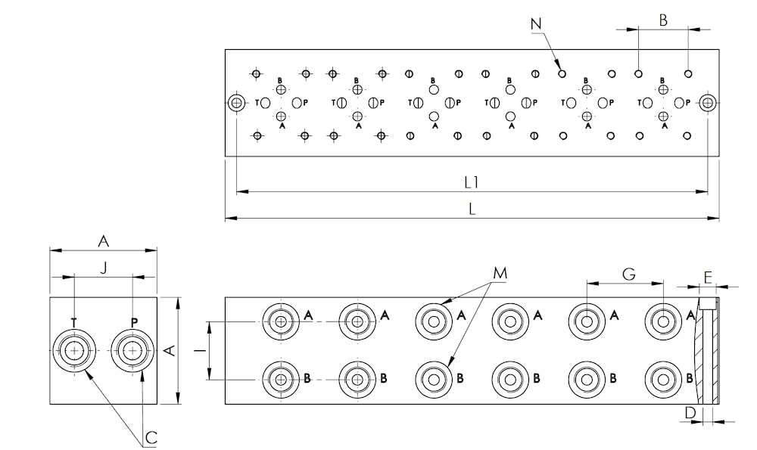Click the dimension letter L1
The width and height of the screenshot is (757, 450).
471,182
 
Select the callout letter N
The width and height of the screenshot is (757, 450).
536,23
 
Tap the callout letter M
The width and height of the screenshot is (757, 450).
500,274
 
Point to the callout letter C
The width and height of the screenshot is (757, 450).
151,437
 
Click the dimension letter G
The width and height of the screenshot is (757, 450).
628,274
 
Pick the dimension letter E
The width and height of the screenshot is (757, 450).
708,278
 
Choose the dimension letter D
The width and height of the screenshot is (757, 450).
691,413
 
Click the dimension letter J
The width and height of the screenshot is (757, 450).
103,268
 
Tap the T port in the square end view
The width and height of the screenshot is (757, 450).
74,351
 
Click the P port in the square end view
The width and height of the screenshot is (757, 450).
132,351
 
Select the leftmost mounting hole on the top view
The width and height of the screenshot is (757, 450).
236,103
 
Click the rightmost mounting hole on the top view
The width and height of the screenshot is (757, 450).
709,103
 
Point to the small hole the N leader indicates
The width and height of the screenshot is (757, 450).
562,74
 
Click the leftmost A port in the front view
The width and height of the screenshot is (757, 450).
281,321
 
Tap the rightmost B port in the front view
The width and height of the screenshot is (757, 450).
663,380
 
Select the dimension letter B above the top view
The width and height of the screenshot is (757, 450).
663,20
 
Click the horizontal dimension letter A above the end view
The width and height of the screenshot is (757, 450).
103,241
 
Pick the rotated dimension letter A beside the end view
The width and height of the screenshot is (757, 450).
169,351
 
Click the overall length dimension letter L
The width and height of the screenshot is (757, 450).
472,209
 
